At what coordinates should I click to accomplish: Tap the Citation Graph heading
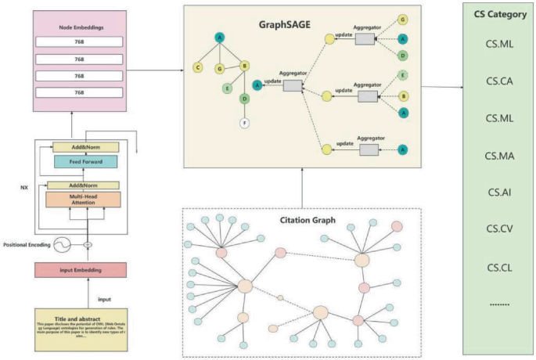click(x=302, y=220)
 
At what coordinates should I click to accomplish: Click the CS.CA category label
click(x=498, y=81)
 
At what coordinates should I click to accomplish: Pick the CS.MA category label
click(x=498, y=155)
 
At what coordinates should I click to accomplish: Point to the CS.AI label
click(x=498, y=192)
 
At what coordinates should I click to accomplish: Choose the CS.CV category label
click(x=498, y=229)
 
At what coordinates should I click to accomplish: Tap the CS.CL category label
click(x=498, y=266)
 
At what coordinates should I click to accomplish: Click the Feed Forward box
click(x=85, y=161)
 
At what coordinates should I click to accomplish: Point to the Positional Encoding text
click(x=27, y=244)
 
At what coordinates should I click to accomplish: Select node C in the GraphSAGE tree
click(x=197, y=67)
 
